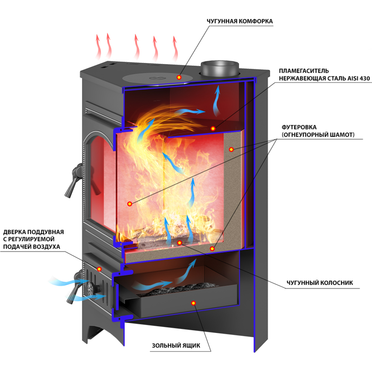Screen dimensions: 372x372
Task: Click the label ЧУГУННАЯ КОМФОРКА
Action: [240, 21]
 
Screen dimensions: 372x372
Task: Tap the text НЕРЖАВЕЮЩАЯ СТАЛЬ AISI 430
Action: [324, 78]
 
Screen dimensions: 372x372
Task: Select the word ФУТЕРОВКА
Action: [299, 127]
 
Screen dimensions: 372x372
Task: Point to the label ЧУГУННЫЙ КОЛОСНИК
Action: [320, 283]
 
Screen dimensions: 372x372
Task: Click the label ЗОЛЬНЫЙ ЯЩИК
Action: [176, 345]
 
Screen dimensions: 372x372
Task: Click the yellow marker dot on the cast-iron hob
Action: [179, 77]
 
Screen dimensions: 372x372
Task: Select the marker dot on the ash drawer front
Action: [193, 303]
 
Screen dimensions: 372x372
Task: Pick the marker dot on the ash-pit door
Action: [99, 269]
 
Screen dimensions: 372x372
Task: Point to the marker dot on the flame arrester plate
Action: [213, 128]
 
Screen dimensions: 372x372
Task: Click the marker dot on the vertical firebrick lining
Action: [231, 149]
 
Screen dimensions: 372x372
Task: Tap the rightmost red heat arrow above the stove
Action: [175, 48]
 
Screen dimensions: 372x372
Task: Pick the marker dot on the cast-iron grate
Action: [179, 243]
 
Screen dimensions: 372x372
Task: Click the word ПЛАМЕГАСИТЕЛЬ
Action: [304, 71]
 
